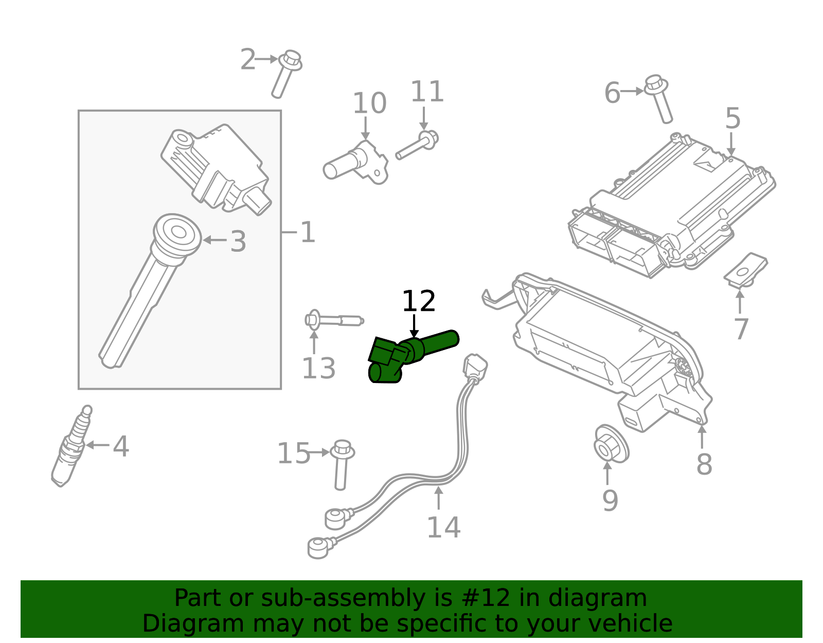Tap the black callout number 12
(418, 302)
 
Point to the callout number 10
(369, 103)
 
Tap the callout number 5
(732, 118)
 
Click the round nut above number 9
(610, 444)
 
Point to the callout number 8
(704, 464)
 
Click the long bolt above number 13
(334, 320)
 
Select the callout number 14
(443, 528)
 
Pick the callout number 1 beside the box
(307, 233)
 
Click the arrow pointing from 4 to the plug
(97, 445)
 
